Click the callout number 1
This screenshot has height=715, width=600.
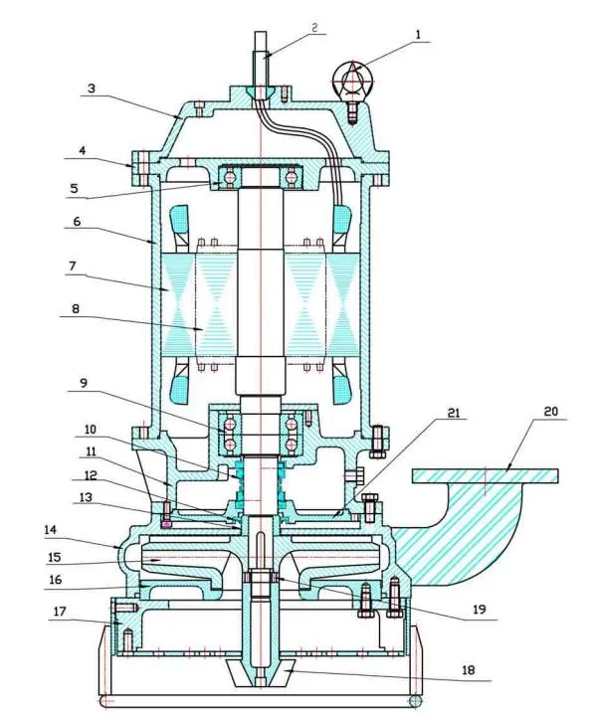418,34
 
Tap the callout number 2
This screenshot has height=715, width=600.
313,28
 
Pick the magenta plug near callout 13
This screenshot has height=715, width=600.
166,519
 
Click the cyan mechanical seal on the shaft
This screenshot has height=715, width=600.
260,477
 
